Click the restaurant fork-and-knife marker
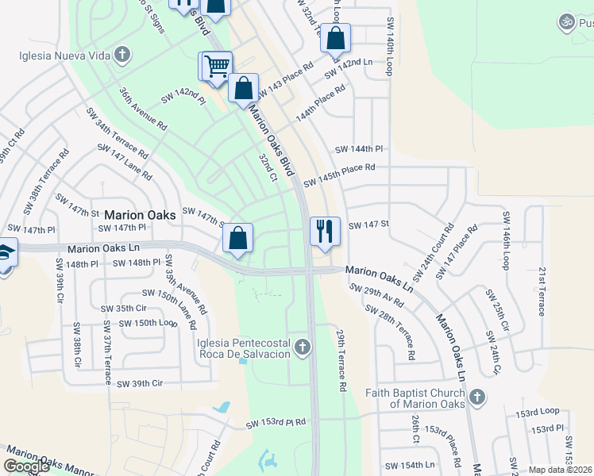[325, 231]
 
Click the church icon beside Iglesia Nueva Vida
[121, 56]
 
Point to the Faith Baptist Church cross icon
[476, 397]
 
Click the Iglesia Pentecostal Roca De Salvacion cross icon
[302, 347]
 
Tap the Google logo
[26, 466]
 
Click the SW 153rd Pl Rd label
[276, 423]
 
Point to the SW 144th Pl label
[359, 149]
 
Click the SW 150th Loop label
[147, 323]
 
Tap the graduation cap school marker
[6, 252]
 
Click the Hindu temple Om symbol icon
[565, 21]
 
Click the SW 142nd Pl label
[183, 98]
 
